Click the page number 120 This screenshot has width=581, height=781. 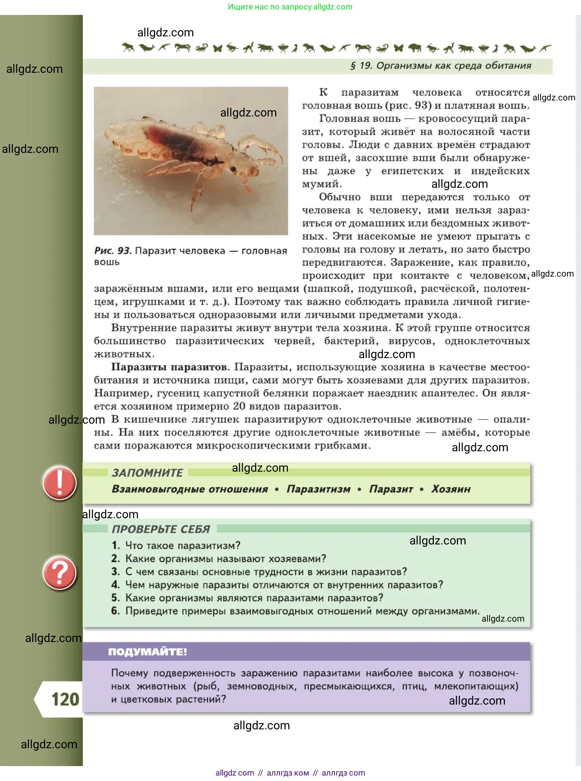[x=65, y=699]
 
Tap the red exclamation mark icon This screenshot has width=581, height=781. [x=59, y=483]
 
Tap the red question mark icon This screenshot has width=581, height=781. [x=59, y=573]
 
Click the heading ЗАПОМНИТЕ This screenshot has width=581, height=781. [x=147, y=472]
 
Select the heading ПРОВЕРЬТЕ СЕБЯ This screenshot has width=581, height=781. [x=161, y=529]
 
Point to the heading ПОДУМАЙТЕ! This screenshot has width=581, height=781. [x=147, y=651]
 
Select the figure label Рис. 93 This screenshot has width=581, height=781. [x=112, y=250]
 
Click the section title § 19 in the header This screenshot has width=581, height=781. [x=440, y=66]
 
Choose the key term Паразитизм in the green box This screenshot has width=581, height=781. [x=319, y=489]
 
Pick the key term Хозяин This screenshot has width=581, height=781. [x=451, y=489]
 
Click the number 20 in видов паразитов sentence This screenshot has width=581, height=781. [x=239, y=406]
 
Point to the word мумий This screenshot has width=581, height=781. [x=322, y=184]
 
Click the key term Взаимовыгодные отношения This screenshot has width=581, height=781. [x=190, y=489]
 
